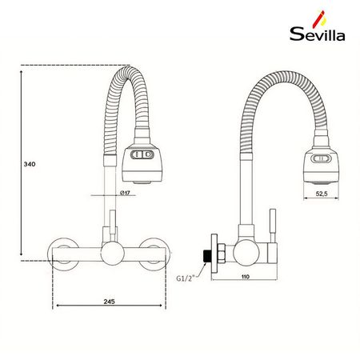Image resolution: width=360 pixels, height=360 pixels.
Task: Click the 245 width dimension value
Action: pyautogui.click(x=110, y=302)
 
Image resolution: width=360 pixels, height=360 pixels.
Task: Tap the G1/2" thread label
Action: pyautogui.click(x=188, y=278)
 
